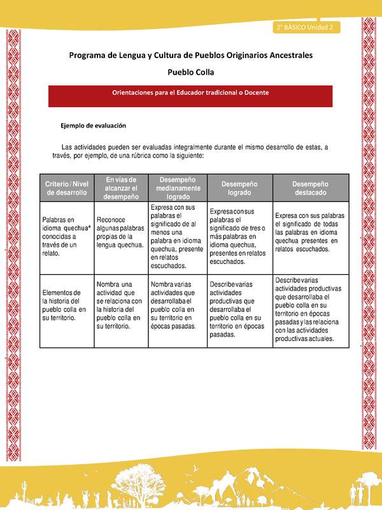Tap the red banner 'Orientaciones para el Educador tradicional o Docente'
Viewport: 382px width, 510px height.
click(x=190, y=92)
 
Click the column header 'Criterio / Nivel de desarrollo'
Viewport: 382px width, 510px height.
click(x=66, y=187)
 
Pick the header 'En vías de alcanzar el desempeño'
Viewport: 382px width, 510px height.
click(x=121, y=187)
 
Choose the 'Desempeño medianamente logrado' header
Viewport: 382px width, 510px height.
click(x=178, y=187)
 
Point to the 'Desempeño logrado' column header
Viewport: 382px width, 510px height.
click(x=239, y=187)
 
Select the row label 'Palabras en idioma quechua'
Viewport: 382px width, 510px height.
click(x=66, y=236)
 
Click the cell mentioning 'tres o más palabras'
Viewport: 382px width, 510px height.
click(x=239, y=236)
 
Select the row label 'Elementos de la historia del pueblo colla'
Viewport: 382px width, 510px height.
click(x=66, y=305)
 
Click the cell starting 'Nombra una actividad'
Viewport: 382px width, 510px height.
click(x=121, y=305)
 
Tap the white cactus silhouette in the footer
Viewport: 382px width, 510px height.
click(x=24, y=492)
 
